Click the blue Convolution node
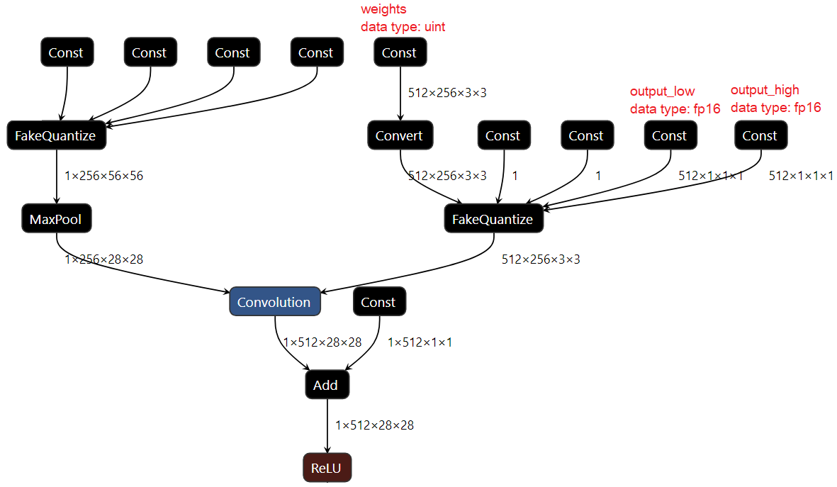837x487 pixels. click(274, 302)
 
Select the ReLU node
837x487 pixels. click(327, 468)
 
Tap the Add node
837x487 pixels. click(326, 385)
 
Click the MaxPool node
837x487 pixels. click(56, 219)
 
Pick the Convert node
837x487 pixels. click(400, 135)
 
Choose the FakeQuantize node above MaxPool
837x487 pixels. click(56, 135)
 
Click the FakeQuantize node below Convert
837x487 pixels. click(493, 219)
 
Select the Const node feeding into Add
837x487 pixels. click(378, 302)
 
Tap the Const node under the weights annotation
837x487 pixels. click(400, 52)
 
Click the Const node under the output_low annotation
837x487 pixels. click(670, 135)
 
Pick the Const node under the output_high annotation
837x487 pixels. click(760, 135)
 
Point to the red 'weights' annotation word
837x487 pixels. click(384, 10)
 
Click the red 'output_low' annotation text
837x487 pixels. click(663, 91)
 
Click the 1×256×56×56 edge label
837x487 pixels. click(103, 176)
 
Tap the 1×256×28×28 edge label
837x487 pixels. click(103, 259)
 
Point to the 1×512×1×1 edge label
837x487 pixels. click(420, 342)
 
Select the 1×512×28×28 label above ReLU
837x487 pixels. click(375, 425)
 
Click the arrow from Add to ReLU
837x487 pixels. click(327, 425)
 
